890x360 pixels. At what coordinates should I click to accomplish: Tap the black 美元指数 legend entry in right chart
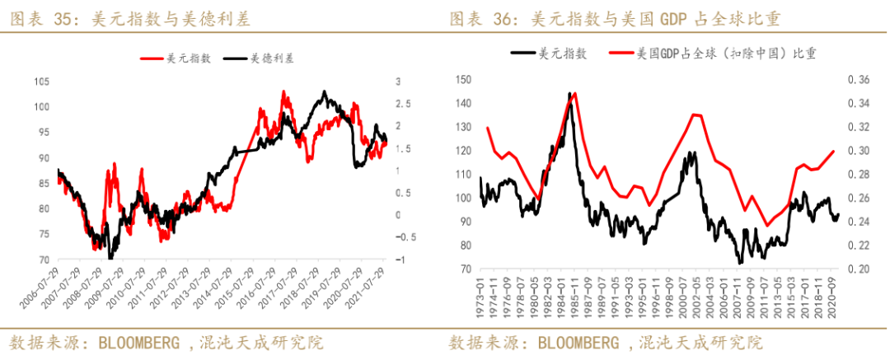[549, 54]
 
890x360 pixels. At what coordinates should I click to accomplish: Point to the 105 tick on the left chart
[41, 81]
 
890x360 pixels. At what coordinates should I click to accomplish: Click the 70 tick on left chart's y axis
[44, 260]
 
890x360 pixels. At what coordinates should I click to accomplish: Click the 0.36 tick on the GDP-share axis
[858, 79]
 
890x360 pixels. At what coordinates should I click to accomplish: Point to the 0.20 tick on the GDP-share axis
[858, 269]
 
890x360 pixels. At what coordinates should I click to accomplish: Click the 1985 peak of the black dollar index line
[569, 93]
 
